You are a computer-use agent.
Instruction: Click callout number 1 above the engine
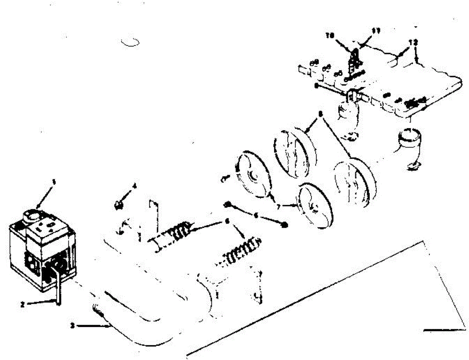tap(55, 182)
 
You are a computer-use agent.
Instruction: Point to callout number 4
tap(134, 186)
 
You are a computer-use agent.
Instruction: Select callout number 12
tap(413, 41)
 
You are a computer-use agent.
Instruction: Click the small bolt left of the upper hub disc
tap(224, 179)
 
